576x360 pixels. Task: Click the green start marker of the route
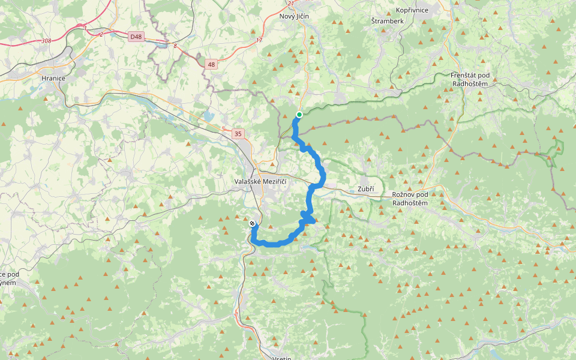(299, 115)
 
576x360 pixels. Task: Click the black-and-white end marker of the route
(252, 223)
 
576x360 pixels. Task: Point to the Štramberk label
(387, 21)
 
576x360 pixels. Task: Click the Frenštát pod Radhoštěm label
(470, 79)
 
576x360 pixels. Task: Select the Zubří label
(365, 189)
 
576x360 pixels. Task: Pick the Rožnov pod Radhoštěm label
(410, 199)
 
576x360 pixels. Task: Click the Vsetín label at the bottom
(281, 357)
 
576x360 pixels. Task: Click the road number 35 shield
(239, 133)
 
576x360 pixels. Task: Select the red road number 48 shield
(211, 64)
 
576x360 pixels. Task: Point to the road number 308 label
(47, 41)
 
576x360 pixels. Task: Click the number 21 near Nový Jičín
(291, 4)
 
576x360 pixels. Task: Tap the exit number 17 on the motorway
(259, 40)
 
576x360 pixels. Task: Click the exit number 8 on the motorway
(175, 46)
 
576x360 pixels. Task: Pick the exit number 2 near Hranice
(101, 34)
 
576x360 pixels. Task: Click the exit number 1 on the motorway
(86, 28)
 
